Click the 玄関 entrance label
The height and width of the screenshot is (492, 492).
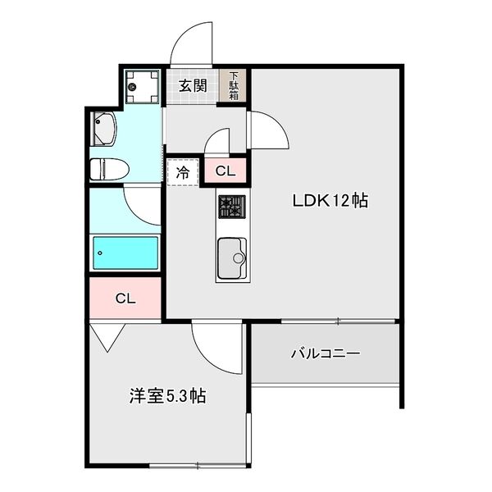click(x=193, y=85)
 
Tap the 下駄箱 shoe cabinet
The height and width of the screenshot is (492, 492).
click(x=233, y=85)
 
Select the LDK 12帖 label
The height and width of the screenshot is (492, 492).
click(x=330, y=201)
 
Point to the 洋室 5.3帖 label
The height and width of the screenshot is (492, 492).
click(x=167, y=396)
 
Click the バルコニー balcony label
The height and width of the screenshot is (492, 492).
click(x=326, y=353)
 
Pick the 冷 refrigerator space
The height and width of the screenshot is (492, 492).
click(x=183, y=172)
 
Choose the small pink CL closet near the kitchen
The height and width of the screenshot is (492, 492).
click(x=225, y=171)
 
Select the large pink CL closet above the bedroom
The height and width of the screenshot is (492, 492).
click(x=125, y=298)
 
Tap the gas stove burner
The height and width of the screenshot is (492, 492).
click(x=232, y=207)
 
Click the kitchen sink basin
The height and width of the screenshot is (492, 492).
click(x=232, y=258)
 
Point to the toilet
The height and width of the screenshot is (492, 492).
click(x=109, y=169)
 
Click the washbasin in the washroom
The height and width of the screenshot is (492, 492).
click(x=103, y=129)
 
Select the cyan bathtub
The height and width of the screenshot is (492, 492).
click(x=125, y=253)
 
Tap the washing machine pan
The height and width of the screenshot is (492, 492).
click(x=142, y=87)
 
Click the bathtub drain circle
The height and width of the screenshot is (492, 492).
click(x=100, y=253)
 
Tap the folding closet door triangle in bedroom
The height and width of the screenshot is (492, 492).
click(x=107, y=338)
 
